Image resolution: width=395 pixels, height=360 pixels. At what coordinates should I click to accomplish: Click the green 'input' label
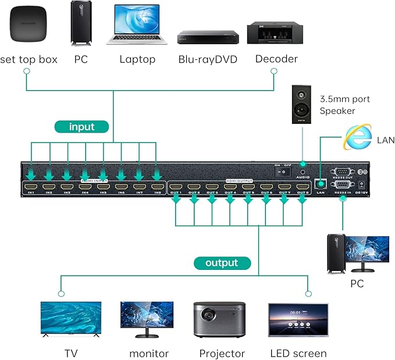[81, 126]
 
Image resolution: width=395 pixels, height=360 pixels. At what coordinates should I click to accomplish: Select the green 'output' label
[222, 263]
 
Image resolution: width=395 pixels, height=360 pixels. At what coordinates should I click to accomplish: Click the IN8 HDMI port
[156, 187]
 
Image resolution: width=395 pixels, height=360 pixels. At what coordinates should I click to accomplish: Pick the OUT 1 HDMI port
[176, 187]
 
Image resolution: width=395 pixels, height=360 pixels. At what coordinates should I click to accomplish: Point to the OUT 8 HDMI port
[301, 187]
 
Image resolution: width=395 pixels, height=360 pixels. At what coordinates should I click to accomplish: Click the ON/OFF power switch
[283, 173]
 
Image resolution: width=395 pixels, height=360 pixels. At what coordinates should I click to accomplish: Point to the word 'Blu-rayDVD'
[207, 59]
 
